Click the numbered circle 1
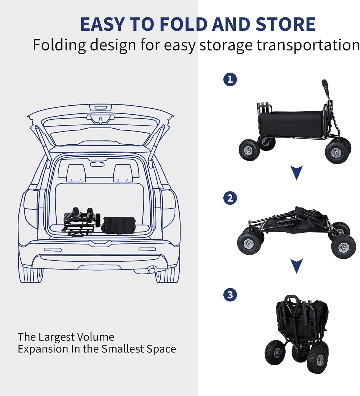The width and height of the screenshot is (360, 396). pyautogui.click(x=230, y=79)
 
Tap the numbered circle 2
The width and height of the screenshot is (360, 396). pyautogui.click(x=230, y=198)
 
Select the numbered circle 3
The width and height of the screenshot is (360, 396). pyautogui.click(x=230, y=295)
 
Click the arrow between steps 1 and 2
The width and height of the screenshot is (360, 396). pyautogui.click(x=297, y=172)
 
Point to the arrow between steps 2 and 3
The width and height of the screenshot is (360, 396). pyautogui.click(x=297, y=266)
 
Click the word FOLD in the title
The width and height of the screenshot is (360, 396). pyautogui.click(x=184, y=24)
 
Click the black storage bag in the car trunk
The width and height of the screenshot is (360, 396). pyautogui.click(x=119, y=225)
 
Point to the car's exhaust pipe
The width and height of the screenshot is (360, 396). pyautogui.click(x=152, y=270)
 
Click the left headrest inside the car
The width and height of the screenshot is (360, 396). pyautogui.click(x=76, y=173)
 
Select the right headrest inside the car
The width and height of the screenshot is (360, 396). pyautogui.click(x=123, y=173)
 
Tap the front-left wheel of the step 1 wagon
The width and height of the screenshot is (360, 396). pyautogui.click(x=249, y=150)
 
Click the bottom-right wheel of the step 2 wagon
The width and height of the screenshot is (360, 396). pyautogui.click(x=343, y=247)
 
